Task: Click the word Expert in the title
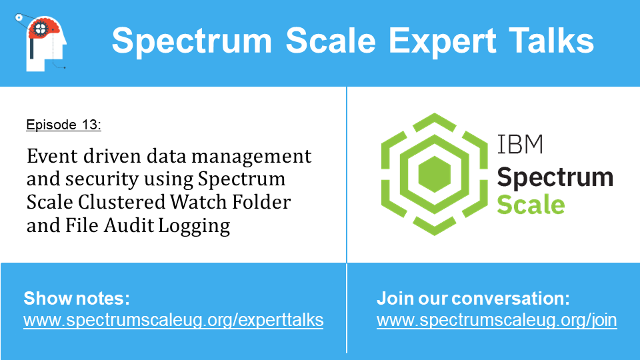point(443,41)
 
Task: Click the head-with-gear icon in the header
point(41,43)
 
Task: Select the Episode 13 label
point(64,125)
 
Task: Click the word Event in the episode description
point(52,156)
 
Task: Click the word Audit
point(129,225)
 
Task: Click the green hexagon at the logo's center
point(435,174)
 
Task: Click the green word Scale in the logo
point(531,205)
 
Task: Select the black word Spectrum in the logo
point(555,178)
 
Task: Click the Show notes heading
point(77,299)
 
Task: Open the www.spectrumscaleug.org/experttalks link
point(173,321)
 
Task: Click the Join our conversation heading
point(473,299)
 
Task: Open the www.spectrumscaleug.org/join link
point(497,321)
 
